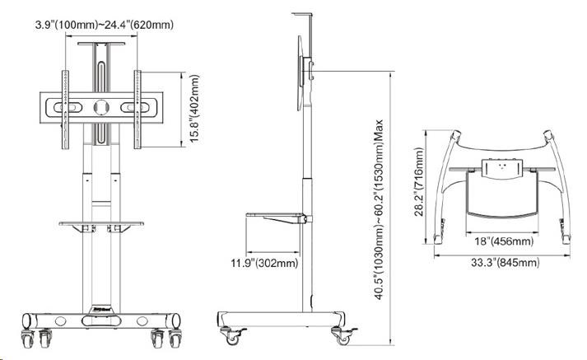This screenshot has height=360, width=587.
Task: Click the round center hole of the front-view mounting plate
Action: click(x=100, y=107)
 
